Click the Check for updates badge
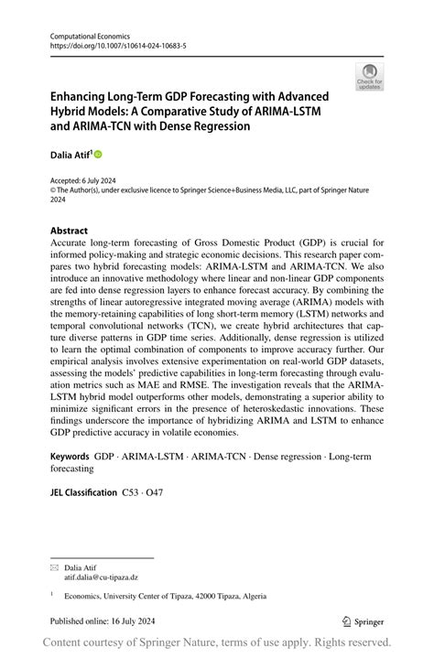[x=370, y=76]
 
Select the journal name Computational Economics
[x=84, y=33]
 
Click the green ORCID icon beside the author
[x=99, y=154]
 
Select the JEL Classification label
[x=82, y=492]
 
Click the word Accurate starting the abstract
[x=73, y=244]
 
